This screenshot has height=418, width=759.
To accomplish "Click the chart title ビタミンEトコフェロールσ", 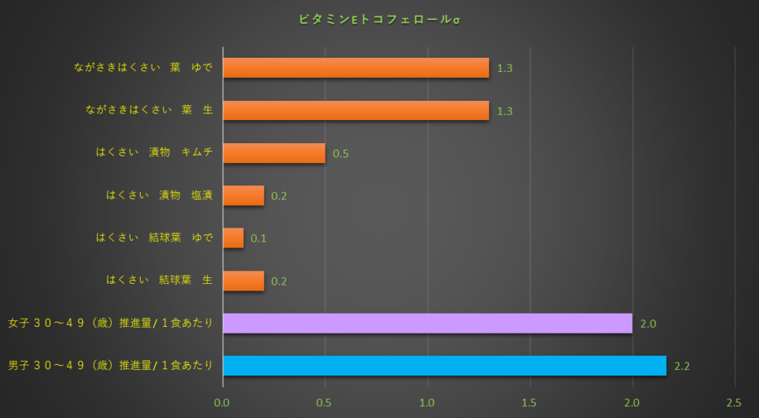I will (x=379, y=19).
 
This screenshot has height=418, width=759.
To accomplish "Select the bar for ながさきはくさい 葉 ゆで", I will (x=356, y=67).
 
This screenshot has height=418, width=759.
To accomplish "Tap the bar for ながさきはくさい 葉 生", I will (x=356, y=110).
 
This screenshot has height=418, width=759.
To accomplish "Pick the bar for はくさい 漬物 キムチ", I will (x=274, y=153).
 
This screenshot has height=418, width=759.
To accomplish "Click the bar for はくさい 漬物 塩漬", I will (x=243, y=196).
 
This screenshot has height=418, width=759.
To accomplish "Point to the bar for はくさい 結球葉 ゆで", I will (x=233, y=238).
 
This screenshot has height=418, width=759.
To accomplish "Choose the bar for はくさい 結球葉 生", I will (x=243, y=281).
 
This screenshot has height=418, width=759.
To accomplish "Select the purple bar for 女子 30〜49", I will (x=427, y=323).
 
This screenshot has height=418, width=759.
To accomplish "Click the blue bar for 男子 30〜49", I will (x=444, y=365).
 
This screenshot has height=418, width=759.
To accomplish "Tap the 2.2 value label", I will (x=683, y=366).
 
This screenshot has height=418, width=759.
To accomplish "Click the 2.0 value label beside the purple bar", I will (x=649, y=324).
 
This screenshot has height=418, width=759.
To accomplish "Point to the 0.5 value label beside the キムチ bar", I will (x=341, y=153).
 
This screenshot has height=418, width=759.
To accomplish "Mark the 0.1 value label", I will (x=259, y=239).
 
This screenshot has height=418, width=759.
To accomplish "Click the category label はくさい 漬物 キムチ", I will (x=154, y=153).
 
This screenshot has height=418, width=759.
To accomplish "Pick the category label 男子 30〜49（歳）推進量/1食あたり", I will (x=110, y=365).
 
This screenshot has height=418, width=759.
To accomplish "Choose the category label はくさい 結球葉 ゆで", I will (x=154, y=238).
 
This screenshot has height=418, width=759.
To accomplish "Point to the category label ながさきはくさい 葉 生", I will (x=149, y=110).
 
